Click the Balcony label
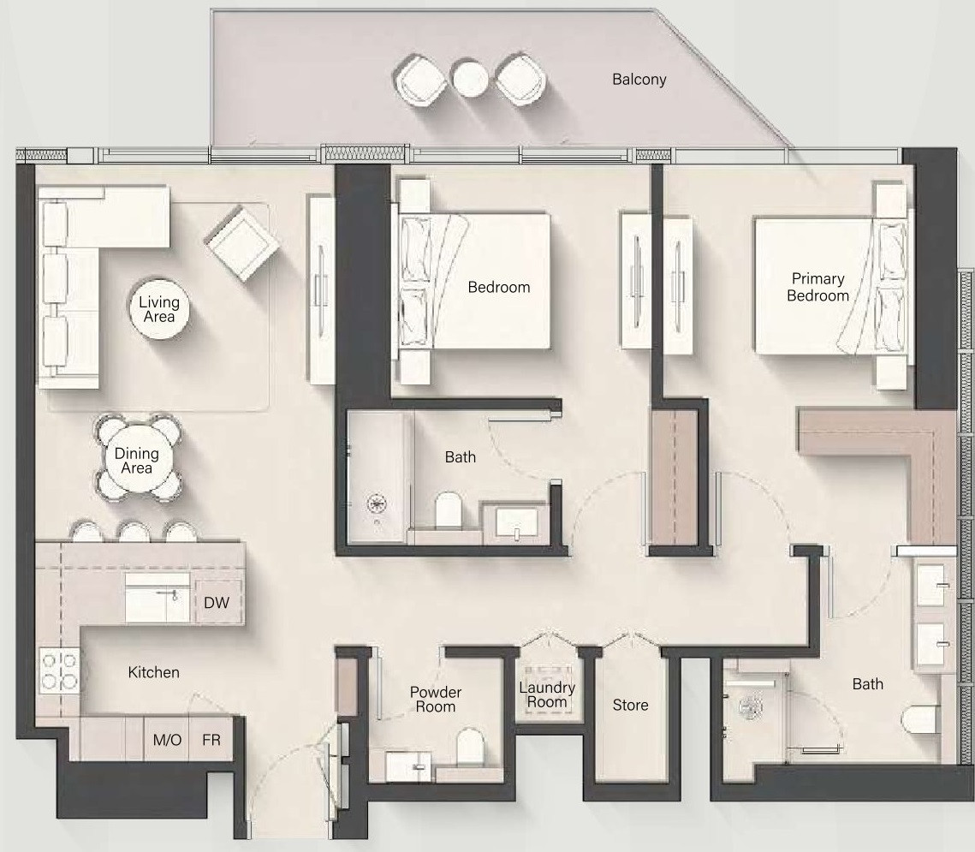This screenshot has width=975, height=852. click(639, 80)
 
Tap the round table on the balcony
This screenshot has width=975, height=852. click(470, 79)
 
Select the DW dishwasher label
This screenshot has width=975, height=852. click(217, 603)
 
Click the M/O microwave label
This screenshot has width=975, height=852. click(167, 740)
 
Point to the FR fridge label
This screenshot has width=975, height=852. click(211, 740)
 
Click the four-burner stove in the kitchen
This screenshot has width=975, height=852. click(60, 671)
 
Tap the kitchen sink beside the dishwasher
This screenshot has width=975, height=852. click(158, 597)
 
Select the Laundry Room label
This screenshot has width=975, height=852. click(547, 694)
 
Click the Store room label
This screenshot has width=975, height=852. click(631, 706)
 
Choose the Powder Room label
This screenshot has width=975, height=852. click(435, 700)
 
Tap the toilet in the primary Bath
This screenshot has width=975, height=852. click(920, 721)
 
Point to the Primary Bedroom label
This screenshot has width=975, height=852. click(817, 288)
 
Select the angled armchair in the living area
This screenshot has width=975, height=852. click(242, 243)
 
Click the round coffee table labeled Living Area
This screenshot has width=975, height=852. click(159, 309)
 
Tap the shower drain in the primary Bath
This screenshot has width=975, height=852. click(751, 706)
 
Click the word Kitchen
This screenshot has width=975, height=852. click(153, 672)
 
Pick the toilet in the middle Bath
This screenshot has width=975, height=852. click(448, 510)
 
